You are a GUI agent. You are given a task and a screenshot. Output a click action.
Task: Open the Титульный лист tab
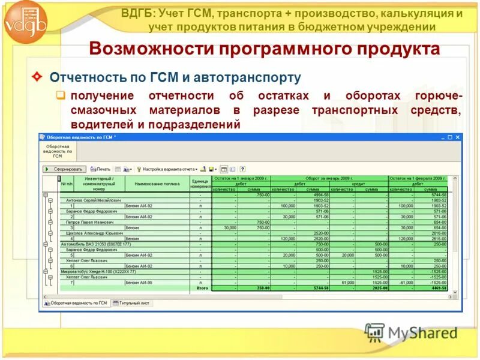134,303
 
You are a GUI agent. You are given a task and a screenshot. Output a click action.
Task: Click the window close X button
458,137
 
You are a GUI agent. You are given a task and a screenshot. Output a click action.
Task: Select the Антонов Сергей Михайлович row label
93,200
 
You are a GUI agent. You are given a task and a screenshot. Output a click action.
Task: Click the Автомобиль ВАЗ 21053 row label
90,244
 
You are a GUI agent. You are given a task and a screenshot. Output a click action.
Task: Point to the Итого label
202,288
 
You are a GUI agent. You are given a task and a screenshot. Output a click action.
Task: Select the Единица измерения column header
201,184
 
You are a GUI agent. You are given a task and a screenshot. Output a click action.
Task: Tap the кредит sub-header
359,184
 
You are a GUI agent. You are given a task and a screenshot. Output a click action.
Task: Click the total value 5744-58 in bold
316,288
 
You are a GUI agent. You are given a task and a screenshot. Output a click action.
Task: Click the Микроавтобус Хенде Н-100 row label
93,272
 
